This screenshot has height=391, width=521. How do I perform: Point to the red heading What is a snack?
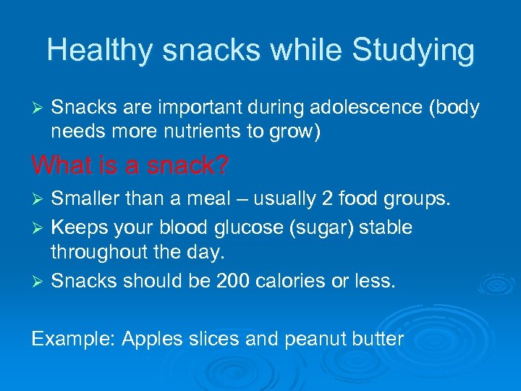[130, 166]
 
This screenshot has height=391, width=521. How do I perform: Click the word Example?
[73, 338]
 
